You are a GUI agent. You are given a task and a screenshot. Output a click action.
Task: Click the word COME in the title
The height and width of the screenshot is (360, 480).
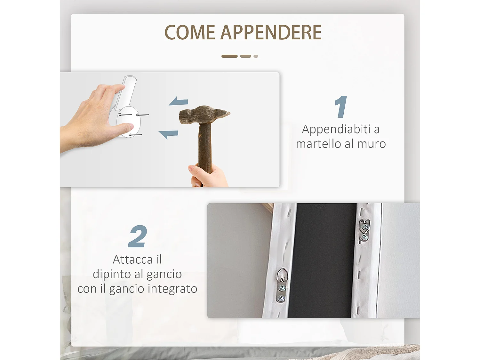[190, 33]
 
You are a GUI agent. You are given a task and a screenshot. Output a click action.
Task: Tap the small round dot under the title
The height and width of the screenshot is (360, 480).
[256, 56]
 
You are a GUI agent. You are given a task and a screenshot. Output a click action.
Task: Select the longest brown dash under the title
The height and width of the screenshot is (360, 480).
[229, 56]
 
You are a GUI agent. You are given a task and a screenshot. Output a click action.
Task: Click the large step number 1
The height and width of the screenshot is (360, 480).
[341, 107]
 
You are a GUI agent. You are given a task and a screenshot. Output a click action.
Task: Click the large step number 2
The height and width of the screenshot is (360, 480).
[138, 236]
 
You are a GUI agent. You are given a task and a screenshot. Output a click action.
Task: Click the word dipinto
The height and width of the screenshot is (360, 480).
[112, 274]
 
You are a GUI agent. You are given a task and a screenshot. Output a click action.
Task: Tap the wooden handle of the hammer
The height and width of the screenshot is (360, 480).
[205, 147]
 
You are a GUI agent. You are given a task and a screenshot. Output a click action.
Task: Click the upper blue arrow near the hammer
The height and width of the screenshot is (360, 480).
[179, 102]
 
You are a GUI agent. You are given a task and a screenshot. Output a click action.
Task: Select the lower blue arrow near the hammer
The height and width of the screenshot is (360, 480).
[169, 134]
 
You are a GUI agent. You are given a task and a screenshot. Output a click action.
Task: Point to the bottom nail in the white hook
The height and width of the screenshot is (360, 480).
[135, 135]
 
